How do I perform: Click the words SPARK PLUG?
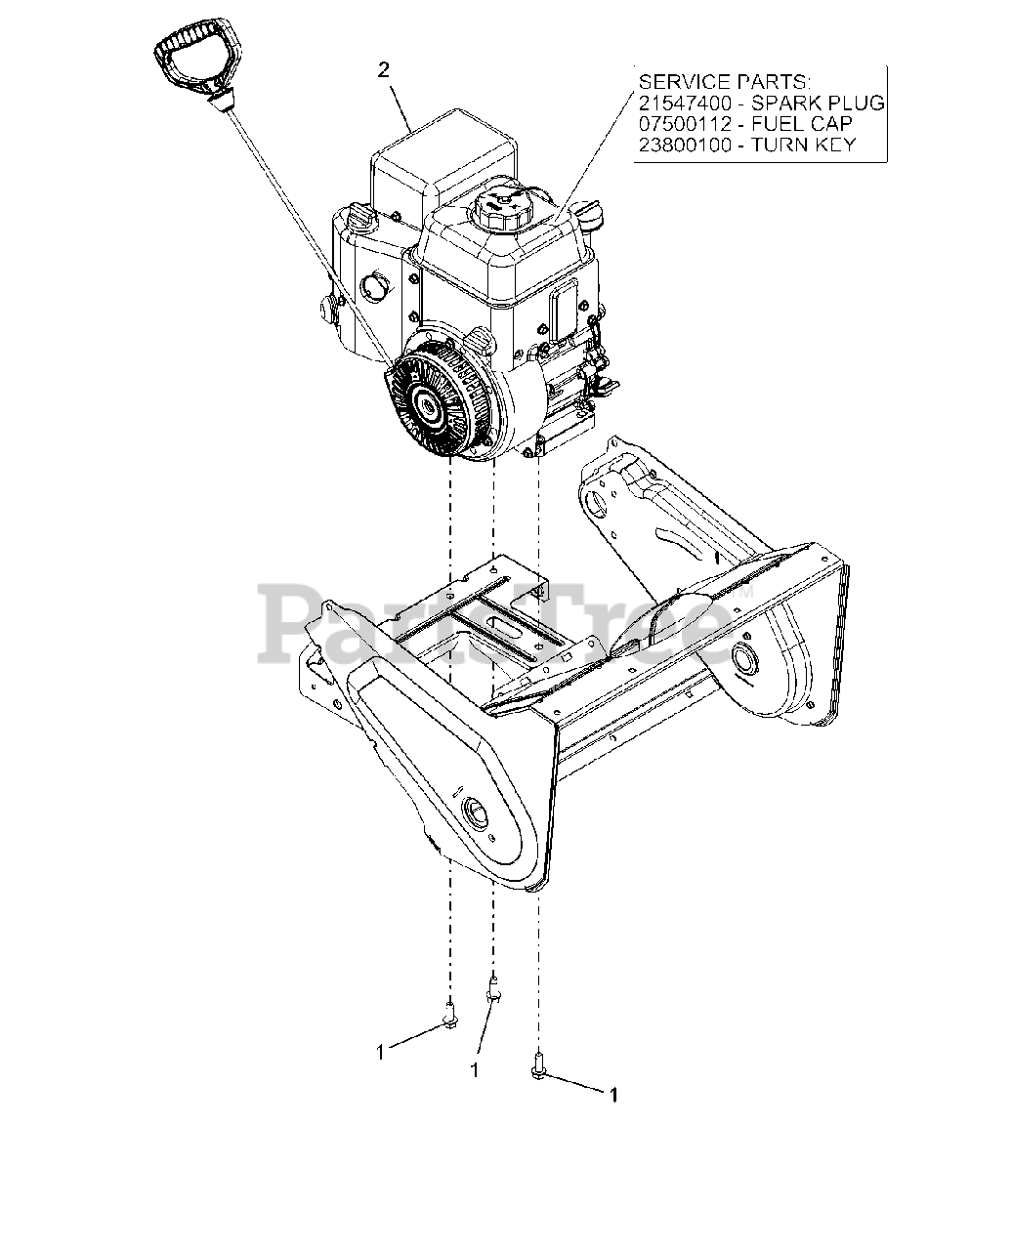(830, 103)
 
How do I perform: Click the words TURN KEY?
(812, 146)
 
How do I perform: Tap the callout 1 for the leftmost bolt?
(380, 1052)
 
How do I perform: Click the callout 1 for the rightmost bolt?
(613, 1096)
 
